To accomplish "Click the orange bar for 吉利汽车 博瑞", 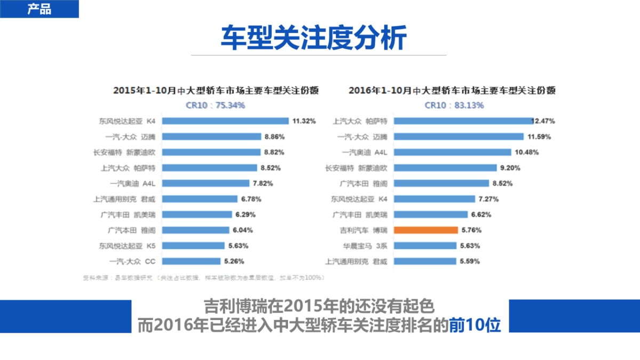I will (x=426, y=230).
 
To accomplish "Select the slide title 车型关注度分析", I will (x=314, y=37).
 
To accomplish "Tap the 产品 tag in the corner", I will (x=39, y=9).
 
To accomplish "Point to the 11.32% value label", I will (x=305, y=121).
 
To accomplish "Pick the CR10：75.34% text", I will (x=215, y=105).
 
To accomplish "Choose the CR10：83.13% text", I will (x=454, y=105).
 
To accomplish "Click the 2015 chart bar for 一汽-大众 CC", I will (x=191, y=261).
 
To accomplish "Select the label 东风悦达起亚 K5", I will (x=127, y=246).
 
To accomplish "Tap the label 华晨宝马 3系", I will (x=365, y=246).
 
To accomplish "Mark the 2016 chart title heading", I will (x=452, y=91).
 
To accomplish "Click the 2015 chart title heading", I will (x=215, y=91).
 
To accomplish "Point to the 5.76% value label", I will (x=470, y=230).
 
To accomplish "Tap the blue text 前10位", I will (x=475, y=325).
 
